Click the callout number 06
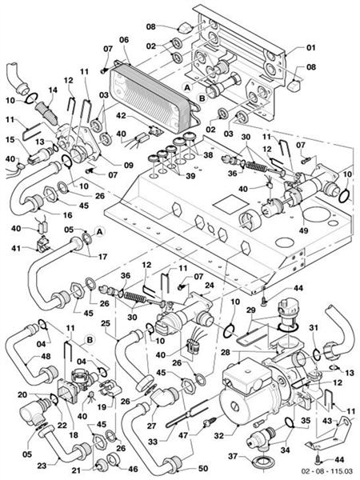[123, 40]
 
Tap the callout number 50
[202, 467]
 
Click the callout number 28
[226, 351]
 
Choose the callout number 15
[10, 140]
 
